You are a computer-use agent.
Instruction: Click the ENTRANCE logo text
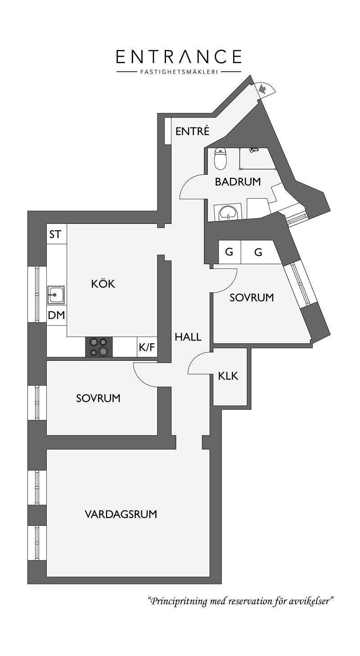pos(179,57)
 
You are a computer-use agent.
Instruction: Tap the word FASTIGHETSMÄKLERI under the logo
pos(179,72)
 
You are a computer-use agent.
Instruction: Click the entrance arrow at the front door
pos(263,88)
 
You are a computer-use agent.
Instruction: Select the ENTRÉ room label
pos(193,131)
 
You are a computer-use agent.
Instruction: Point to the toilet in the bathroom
pos(220,159)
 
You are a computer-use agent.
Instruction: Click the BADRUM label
pos(238,182)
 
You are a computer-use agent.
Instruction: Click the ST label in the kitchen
pos(55,234)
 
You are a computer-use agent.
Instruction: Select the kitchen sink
pos(56,295)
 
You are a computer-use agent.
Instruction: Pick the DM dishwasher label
pos(56,315)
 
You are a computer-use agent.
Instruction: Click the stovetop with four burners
pos(99,347)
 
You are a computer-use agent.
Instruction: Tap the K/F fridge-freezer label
pos(147,348)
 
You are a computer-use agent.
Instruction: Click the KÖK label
pos(103,283)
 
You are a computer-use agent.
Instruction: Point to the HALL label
pos(188,337)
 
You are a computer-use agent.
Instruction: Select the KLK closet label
pos(228,376)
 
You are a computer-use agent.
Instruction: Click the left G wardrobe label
pos(229,252)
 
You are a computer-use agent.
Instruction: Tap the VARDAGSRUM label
pos(121,514)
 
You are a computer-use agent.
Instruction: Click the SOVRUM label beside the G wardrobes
pos(252,297)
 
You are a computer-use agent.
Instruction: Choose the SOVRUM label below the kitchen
pos(98,398)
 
